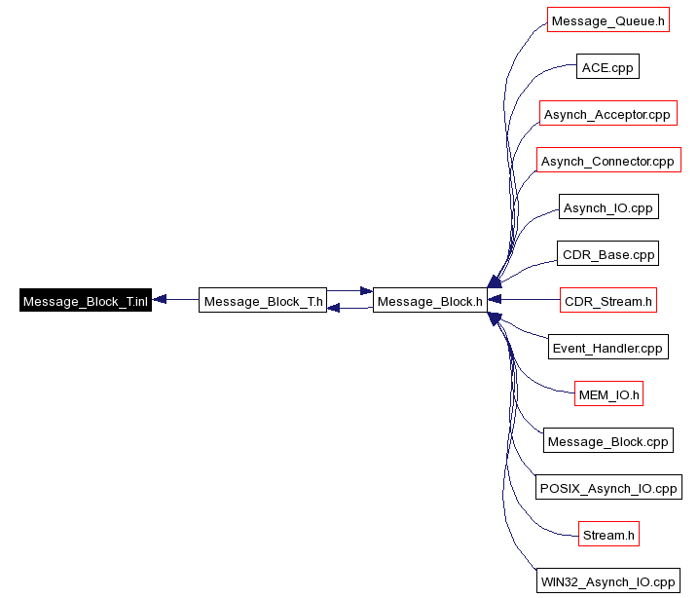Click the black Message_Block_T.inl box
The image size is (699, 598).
point(86,300)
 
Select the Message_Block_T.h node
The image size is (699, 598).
point(263,300)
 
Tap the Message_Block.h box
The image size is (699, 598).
point(429,300)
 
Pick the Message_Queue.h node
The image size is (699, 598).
point(608,19)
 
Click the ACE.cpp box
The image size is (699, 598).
point(607,66)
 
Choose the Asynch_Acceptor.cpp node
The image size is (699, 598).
point(608,113)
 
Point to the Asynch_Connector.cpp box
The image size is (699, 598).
point(608,160)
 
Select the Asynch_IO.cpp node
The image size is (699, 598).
point(608,206)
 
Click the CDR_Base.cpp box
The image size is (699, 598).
point(607,253)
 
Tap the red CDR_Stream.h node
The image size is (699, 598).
point(608,300)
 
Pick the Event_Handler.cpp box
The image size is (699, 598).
point(608,347)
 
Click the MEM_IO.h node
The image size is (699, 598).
point(608,393)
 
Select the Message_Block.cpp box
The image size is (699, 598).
point(608,440)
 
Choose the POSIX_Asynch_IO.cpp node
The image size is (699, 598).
point(608,487)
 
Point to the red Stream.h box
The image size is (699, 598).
point(608,534)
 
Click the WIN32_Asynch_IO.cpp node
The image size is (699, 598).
point(608,580)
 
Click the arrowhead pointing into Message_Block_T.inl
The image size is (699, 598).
point(160,299)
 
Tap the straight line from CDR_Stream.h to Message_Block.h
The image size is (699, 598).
point(524,299)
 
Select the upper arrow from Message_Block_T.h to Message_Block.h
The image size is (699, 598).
point(349,291)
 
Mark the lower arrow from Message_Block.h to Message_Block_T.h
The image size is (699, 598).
point(349,308)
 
